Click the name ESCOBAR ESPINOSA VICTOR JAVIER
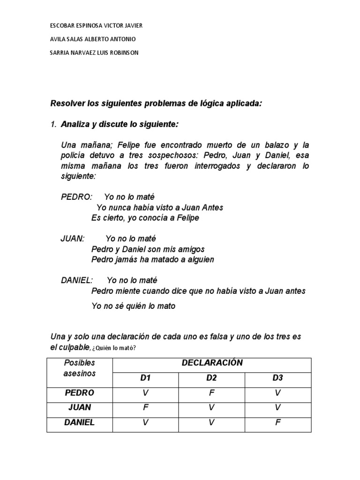click(x=96, y=25)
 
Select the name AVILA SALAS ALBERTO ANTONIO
click(x=93, y=39)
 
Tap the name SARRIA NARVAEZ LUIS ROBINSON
click(x=94, y=52)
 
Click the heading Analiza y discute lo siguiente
click(x=120, y=125)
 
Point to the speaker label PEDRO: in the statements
click(x=77, y=197)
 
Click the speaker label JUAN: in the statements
click(x=73, y=239)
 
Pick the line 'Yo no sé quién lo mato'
click(x=134, y=306)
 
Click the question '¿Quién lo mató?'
click(x=115, y=347)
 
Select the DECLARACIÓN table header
click(x=212, y=362)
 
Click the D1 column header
click(x=145, y=377)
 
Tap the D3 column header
click(x=278, y=377)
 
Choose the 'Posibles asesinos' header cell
click(x=79, y=368)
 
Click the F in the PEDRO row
click(x=211, y=393)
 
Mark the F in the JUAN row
click(x=145, y=407)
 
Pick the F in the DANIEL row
click(x=278, y=422)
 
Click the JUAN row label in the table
click(x=79, y=407)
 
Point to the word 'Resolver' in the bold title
click(x=66, y=104)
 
